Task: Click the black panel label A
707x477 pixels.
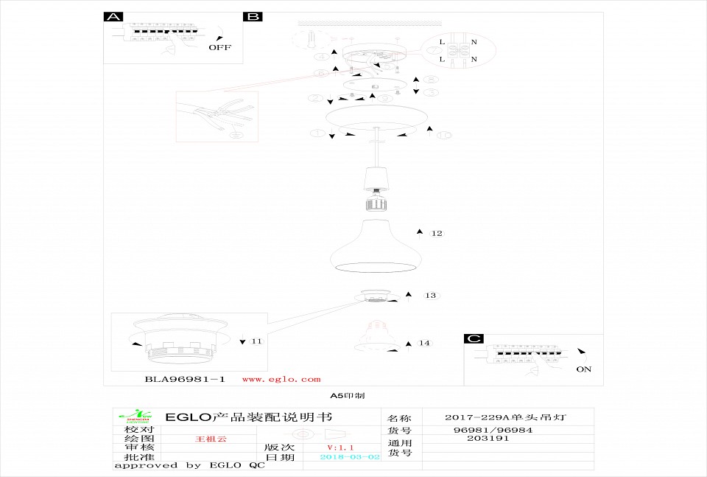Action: pyautogui.click(x=113, y=17)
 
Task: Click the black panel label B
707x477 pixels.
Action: pyautogui.click(x=253, y=17)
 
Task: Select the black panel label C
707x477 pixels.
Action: pyautogui.click(x=474, y=339)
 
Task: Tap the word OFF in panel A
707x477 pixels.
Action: pyautogui.click(x=219, y=47)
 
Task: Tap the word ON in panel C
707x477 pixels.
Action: pyautogui.click(x=583, y=369)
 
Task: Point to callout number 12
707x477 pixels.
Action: pyautogui.click(x=437, y=234)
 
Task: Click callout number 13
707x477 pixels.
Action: pyautogui.click(x=431, y=296)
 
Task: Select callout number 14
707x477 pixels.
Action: pyautogui.click(x=424, y=344)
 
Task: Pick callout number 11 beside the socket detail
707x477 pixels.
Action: pyautogui.click(x=256, y=341)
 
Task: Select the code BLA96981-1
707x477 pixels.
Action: pyautogui.click(x=184, y=379)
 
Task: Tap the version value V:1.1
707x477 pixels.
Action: pyautogui.click(x=341, y=448)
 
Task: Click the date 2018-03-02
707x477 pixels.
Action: pyautogui.click(x=351, y=457)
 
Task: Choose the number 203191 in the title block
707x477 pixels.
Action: pyautogui.click(x=488, y=438)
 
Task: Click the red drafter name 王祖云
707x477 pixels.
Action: pyautogui.click(x=211, y=439)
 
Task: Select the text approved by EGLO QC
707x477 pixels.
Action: pyautogui.click(x=189, y=465)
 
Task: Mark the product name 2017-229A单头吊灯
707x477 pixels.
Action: pyautogui.click(x=507, y=417)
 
